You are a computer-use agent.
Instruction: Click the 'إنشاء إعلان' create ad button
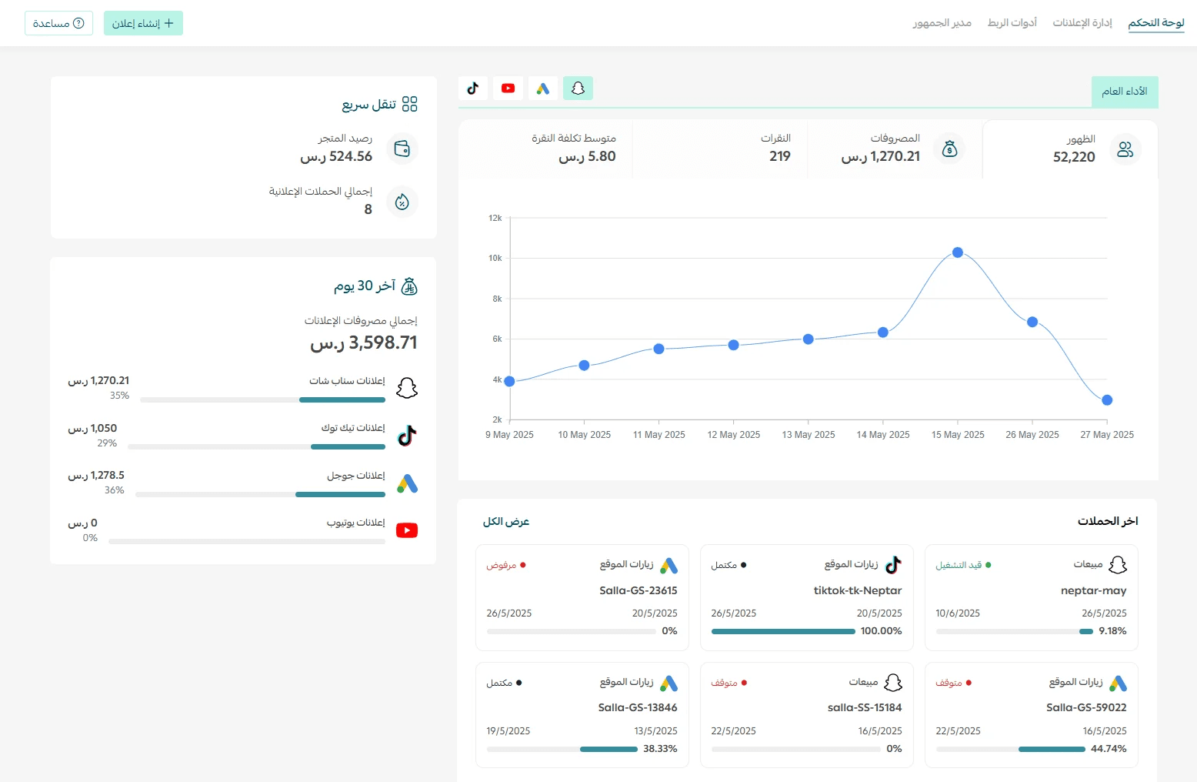[143, 23]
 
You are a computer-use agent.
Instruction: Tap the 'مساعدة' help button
[58, 23]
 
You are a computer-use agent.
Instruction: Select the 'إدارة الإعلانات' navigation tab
[1082, 22]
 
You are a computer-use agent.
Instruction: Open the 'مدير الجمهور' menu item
[942, 22]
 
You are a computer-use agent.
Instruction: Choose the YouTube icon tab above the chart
[508, 89]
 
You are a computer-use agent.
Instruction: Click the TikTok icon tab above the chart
[473, 89]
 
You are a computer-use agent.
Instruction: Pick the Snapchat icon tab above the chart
[578, 89]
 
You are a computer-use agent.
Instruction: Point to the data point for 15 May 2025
[958, 252]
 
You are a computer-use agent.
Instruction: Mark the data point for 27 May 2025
[1107, 399]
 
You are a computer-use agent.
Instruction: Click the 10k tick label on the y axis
[495, 258]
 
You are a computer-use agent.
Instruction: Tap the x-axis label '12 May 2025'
[733, 435]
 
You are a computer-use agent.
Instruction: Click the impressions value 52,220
[1074, 156]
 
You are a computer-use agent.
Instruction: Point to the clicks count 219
[779, 156]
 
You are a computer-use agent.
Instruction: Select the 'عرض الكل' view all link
[506, 521]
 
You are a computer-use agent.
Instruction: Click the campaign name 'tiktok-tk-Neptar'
[858, 590]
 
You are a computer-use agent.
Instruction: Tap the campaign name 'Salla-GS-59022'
[1086, 707]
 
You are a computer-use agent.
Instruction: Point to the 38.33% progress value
[660, 748]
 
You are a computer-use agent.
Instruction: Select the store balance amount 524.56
[351, 156]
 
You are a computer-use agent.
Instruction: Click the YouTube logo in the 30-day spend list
[407, 530]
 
